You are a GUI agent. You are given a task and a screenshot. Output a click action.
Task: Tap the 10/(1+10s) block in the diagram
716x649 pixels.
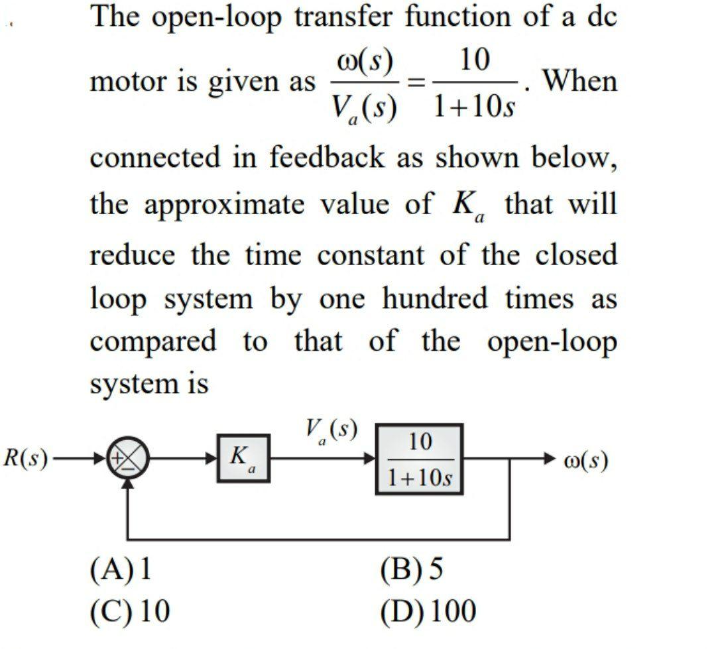pyautogui.click(x=420, y=459)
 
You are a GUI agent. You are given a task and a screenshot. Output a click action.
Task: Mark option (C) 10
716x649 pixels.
pyautogui.click(x=130, y=611)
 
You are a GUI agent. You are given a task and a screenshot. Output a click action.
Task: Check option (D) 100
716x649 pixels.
pyautogui.click(x=428, y=611)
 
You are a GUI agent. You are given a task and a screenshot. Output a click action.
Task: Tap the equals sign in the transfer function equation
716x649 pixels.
pyautogui.click(x=415, y=82)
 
